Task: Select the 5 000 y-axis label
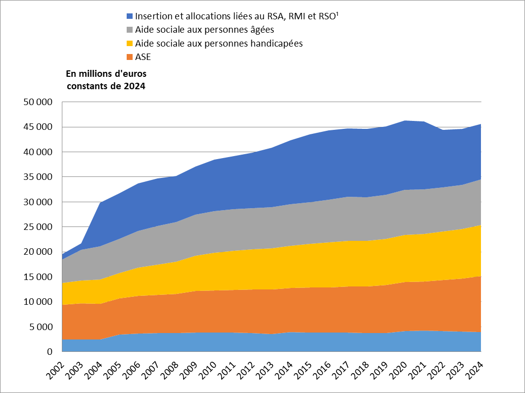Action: [41, 327]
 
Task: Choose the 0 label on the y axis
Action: [50, 352]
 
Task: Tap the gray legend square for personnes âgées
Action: [130, 30]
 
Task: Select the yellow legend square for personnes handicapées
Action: [130, 43]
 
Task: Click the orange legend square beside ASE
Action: [130, 56]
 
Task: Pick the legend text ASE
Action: [143, 56]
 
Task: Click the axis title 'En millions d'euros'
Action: [106, 74]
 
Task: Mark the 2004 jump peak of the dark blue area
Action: [100, 202]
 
